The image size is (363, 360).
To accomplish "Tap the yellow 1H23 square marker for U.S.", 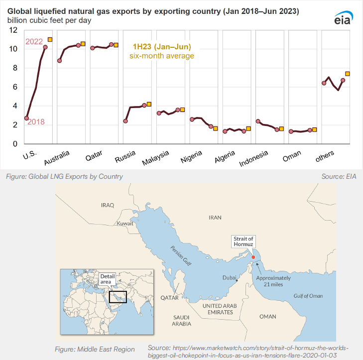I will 50,40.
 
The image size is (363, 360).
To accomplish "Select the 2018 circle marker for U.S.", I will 26,118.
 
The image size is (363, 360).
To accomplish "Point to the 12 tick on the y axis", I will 13,30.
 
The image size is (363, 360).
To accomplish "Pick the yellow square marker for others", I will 348,74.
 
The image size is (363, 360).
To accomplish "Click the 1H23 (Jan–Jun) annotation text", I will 161,47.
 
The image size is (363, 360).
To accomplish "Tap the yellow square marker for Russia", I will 149,105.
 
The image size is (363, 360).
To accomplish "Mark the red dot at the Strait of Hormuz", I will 253,257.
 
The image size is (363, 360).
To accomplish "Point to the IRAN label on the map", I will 215,218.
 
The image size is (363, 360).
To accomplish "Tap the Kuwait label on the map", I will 125,224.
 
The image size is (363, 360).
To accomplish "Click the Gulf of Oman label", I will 307,295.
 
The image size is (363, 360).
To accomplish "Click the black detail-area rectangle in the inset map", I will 118,297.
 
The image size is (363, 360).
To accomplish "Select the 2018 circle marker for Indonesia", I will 258,121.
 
